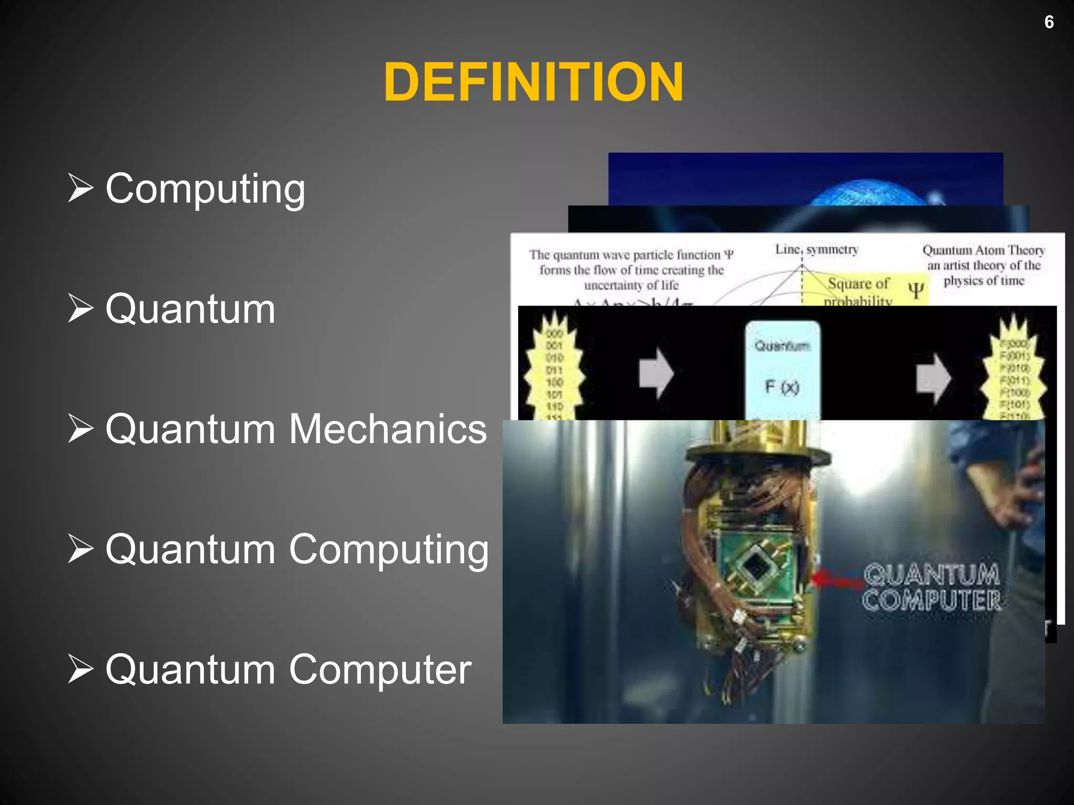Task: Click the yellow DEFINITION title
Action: [533, 82]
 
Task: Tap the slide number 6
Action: [1049, 22]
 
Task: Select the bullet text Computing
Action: [205, 189]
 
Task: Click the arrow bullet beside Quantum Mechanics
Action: [81, 429]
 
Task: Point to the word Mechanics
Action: [388, 429]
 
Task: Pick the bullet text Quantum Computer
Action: [288, 669]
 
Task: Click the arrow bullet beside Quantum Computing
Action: [81, 549]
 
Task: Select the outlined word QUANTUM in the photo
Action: [931, 575]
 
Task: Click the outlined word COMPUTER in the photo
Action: [931, 601]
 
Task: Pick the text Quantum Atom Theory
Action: [984, 250]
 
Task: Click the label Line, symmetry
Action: [817, 249]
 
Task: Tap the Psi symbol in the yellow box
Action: [916, 289]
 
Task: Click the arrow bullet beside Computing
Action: [81, 188]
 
